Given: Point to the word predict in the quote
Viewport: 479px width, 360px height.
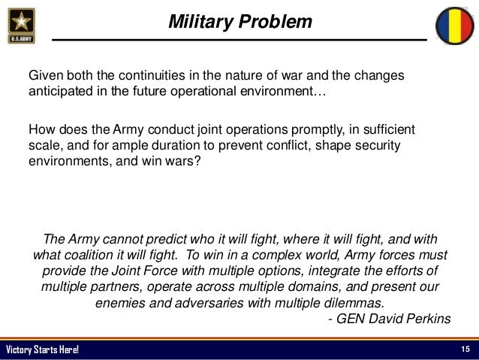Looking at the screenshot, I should [173, 240].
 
